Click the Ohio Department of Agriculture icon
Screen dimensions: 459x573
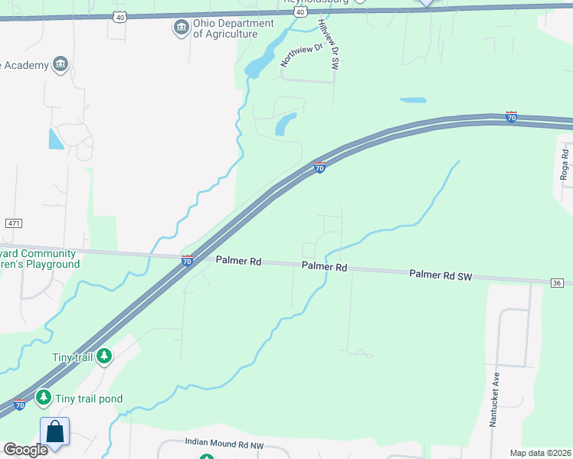tap(181, 29)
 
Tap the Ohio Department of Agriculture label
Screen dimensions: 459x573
tap(233, 29)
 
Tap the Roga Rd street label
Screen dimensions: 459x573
tap(565, 165)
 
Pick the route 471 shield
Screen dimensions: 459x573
tap(13, 223)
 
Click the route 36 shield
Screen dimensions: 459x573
tap(557, 283)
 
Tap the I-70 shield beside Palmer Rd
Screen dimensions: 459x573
tap(187, 261)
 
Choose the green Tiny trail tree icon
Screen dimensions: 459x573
tap(104, 356)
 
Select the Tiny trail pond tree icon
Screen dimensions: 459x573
tap(44, 398)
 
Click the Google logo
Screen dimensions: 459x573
tap(25, 450)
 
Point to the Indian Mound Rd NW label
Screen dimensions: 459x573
tap(224, 442)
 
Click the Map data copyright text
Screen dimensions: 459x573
tap(539, 453)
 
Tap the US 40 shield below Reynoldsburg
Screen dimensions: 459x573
tap(300, 12)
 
